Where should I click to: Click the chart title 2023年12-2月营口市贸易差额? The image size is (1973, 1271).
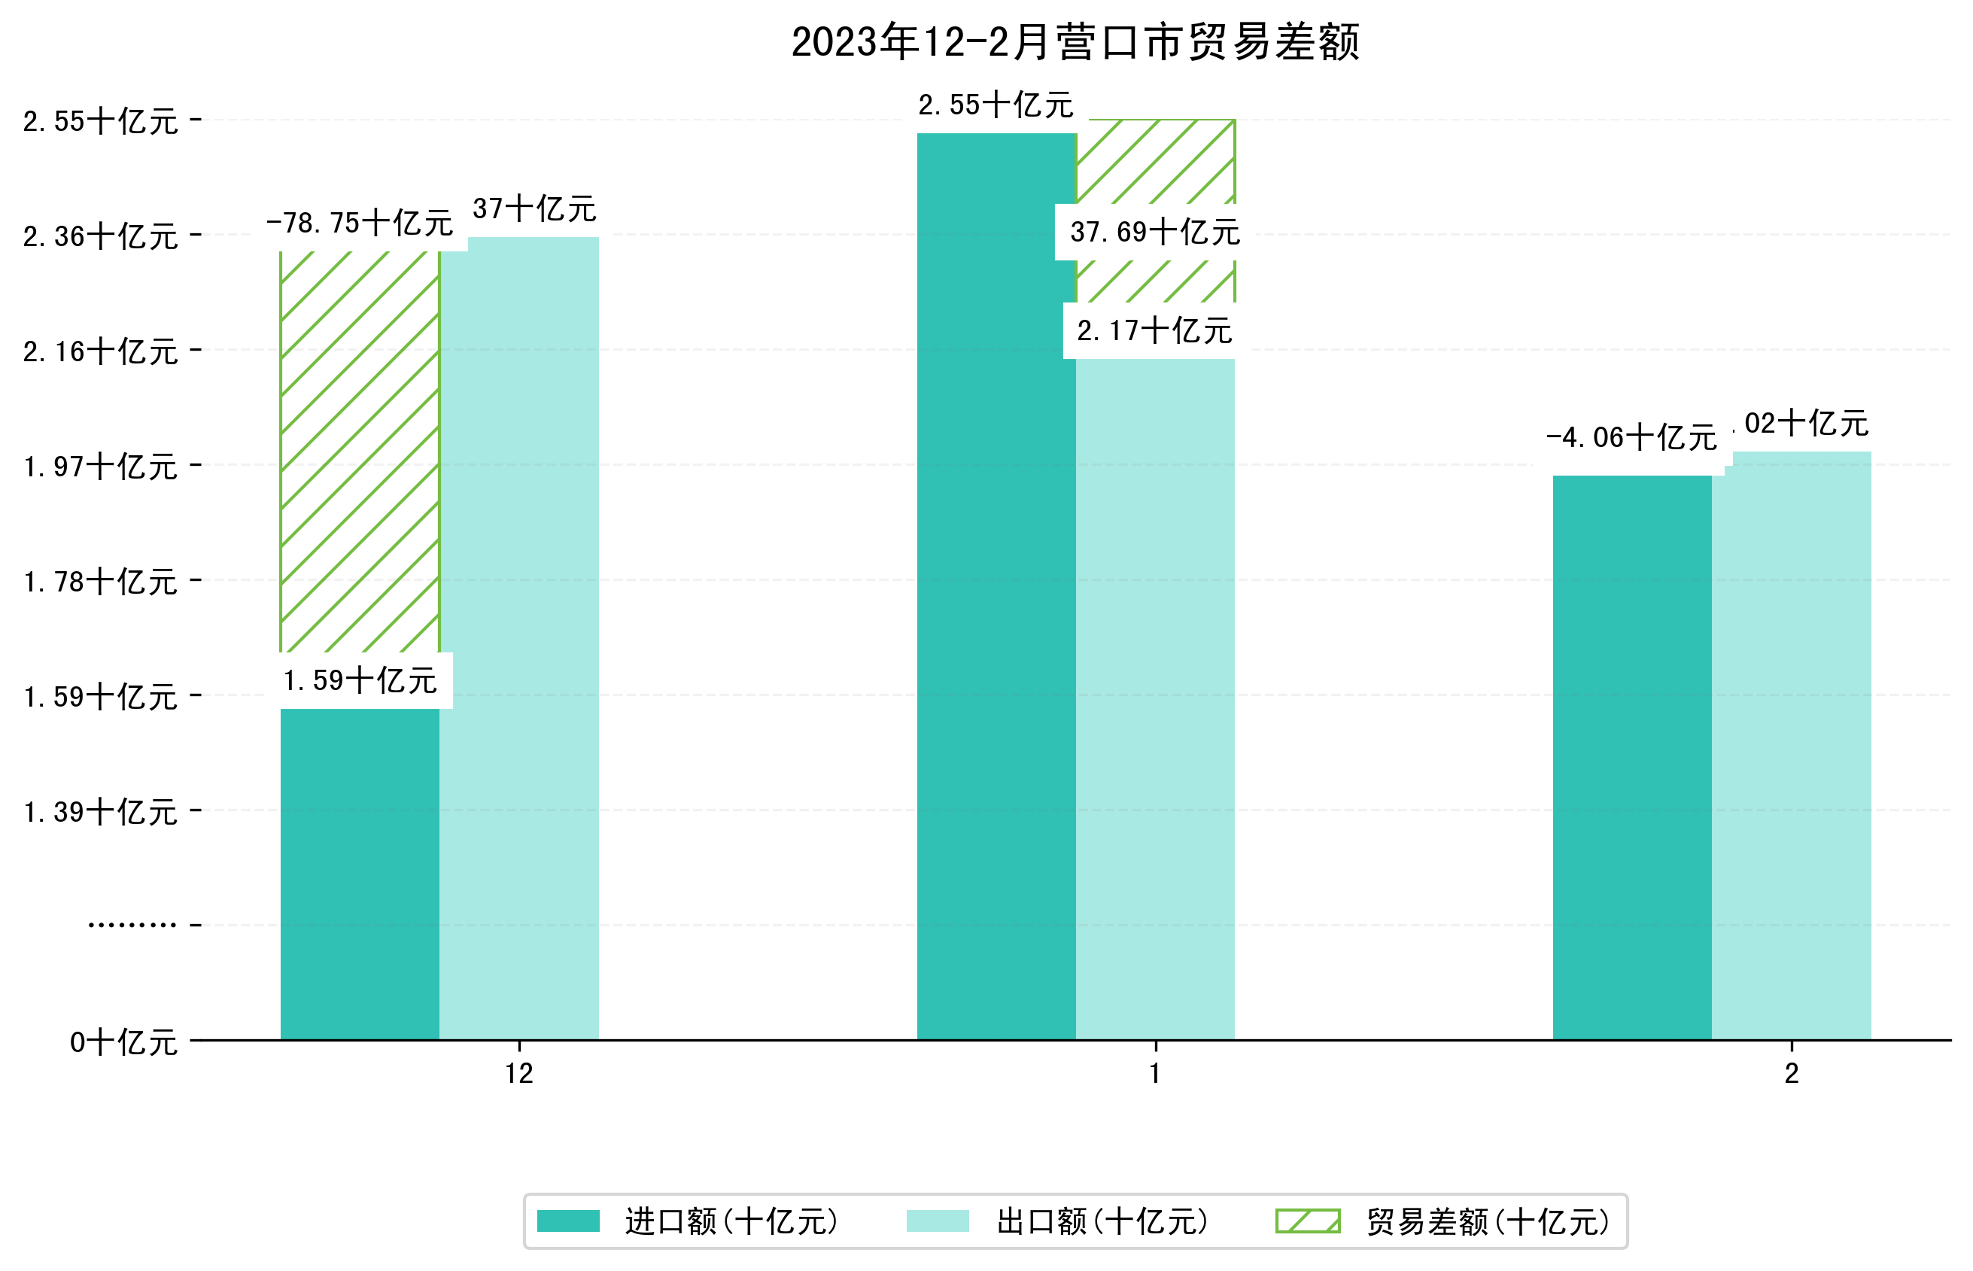pyautogui.click(x=1075, y=42)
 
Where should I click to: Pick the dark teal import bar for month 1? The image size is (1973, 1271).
pyautogui.click(x=996, y=586)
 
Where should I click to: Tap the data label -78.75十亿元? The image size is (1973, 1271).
pyautogui.click(x=359, y=223)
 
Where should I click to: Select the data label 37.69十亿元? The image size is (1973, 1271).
pyautogui.click(x=1154, y=233)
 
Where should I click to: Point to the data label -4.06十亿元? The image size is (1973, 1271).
pyautogui.click(x=1631, y=437)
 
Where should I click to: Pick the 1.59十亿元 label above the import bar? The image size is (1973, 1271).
pyautogui.click(x=360, y=681)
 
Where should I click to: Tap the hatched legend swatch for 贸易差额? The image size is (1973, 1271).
pyautogui.click(x=1307, y=1221)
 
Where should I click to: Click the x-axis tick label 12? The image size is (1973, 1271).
pyautogui.click(x=519, y=1074)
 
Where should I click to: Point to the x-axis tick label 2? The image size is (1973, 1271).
pyautogui.click(x=1791, y=1074)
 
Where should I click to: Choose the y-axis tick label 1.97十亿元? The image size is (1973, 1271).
pyautogui.click(x=100, y=467)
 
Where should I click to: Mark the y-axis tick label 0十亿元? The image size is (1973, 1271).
pyautogui.click(x=123, y=1043)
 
